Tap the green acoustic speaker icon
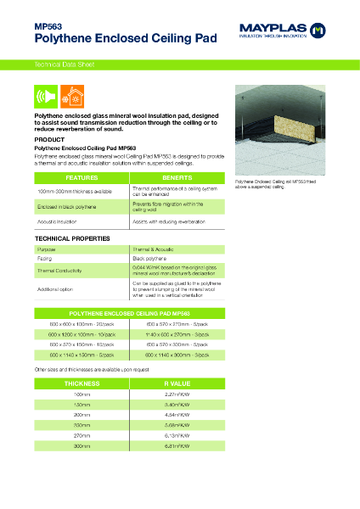click(45, 95)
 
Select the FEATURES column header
click(81, 177)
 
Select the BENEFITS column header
click(177, 177)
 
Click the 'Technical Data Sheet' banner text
click(58, 64)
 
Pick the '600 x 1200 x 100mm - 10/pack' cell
click(81, 333)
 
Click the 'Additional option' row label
click(58, 288)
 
